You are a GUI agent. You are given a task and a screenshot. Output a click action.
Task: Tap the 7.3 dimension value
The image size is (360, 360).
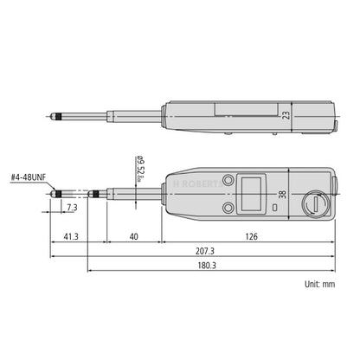point(70,209)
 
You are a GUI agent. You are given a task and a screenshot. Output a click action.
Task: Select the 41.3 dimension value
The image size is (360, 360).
point(70,235)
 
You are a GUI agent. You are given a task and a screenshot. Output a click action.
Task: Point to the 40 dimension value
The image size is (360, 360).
point(132,235)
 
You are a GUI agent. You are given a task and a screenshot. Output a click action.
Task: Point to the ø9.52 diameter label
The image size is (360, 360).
point(139,168)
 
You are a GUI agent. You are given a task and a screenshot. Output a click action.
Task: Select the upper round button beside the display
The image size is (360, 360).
point(228,180)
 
